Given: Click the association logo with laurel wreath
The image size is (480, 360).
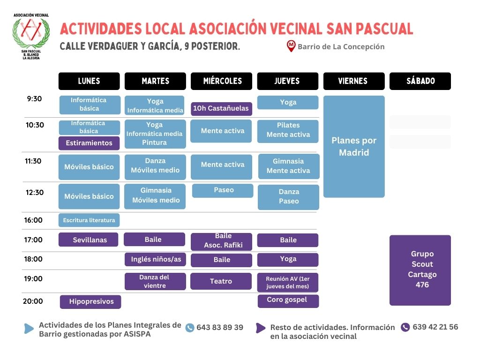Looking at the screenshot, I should tap(31, 36).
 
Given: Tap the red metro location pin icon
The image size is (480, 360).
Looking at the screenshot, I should tap(291, 46).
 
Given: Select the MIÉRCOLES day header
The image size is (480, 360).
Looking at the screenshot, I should tap(222, 81).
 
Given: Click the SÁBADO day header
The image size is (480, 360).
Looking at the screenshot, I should tap(420, 81).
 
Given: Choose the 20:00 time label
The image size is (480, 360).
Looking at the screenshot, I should tap(33, 301).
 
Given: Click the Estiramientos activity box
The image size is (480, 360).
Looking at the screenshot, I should tap(89, 143).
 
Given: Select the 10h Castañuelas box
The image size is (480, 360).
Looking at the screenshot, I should tap(221, 109).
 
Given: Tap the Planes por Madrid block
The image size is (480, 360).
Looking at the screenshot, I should tap(354, 147).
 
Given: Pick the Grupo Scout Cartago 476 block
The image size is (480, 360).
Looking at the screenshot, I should tap(420, 270).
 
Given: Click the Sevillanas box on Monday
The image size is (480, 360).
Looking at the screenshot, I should tap(90, 240).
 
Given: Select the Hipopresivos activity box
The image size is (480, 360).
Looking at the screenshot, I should tap(91, 301).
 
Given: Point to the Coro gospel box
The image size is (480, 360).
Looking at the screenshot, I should tap(288, 300).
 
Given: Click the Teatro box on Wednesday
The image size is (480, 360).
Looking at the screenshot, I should tap(221, 281).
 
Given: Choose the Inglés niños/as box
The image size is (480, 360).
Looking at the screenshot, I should tap(155, 259).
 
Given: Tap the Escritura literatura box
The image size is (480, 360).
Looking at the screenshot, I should tap(89, 220).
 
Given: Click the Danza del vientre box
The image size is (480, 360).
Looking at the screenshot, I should tap(155, 281).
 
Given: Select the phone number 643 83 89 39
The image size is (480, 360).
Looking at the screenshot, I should tap(220, 328).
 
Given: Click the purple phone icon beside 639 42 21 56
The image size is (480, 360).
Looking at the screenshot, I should tap(405, 327).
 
